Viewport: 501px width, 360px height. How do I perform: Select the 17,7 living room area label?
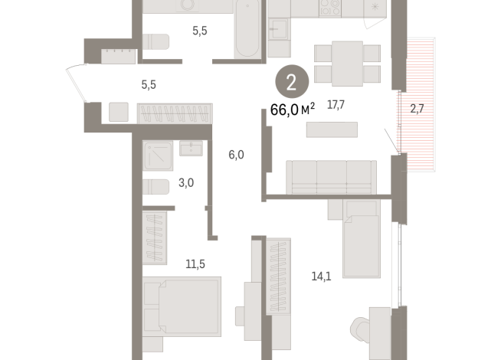pyautogui.click(x=336, y=106)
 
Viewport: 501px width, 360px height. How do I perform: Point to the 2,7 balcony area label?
pyautogui.click(x=417, y=108)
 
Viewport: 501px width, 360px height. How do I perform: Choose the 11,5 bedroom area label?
pyautogui.click(x=197, y=263)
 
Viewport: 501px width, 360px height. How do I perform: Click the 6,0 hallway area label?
pyautogui.click(x=236, y=154)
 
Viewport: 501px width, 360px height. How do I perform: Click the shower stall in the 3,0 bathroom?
pyautogui.click(x=159, y=157)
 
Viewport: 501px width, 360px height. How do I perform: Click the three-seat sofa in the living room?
pyautogui.click(x=331, y=178)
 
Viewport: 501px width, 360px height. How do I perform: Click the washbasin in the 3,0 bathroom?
pyautogui.click(x=192, y=148)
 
